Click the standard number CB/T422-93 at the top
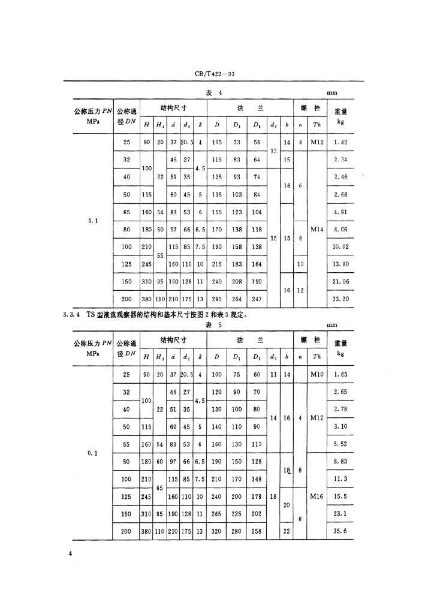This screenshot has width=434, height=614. tap(218, 74)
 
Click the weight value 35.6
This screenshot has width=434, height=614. tap(341, 531)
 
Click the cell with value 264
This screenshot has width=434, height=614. tap(237, 299)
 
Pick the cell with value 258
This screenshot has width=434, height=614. tap(257, 531)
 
